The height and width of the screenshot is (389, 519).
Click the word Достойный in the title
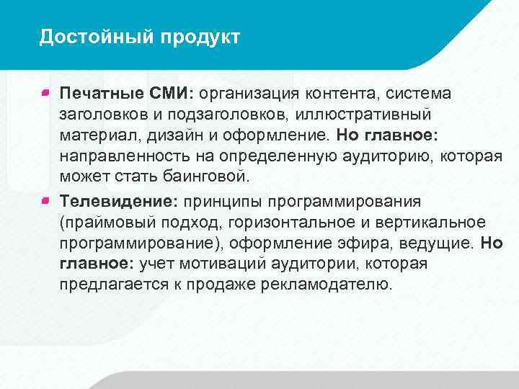84,37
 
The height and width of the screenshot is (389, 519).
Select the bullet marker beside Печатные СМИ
45,92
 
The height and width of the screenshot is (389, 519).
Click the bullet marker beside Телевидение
45,198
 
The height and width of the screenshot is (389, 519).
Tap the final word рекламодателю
329,285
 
